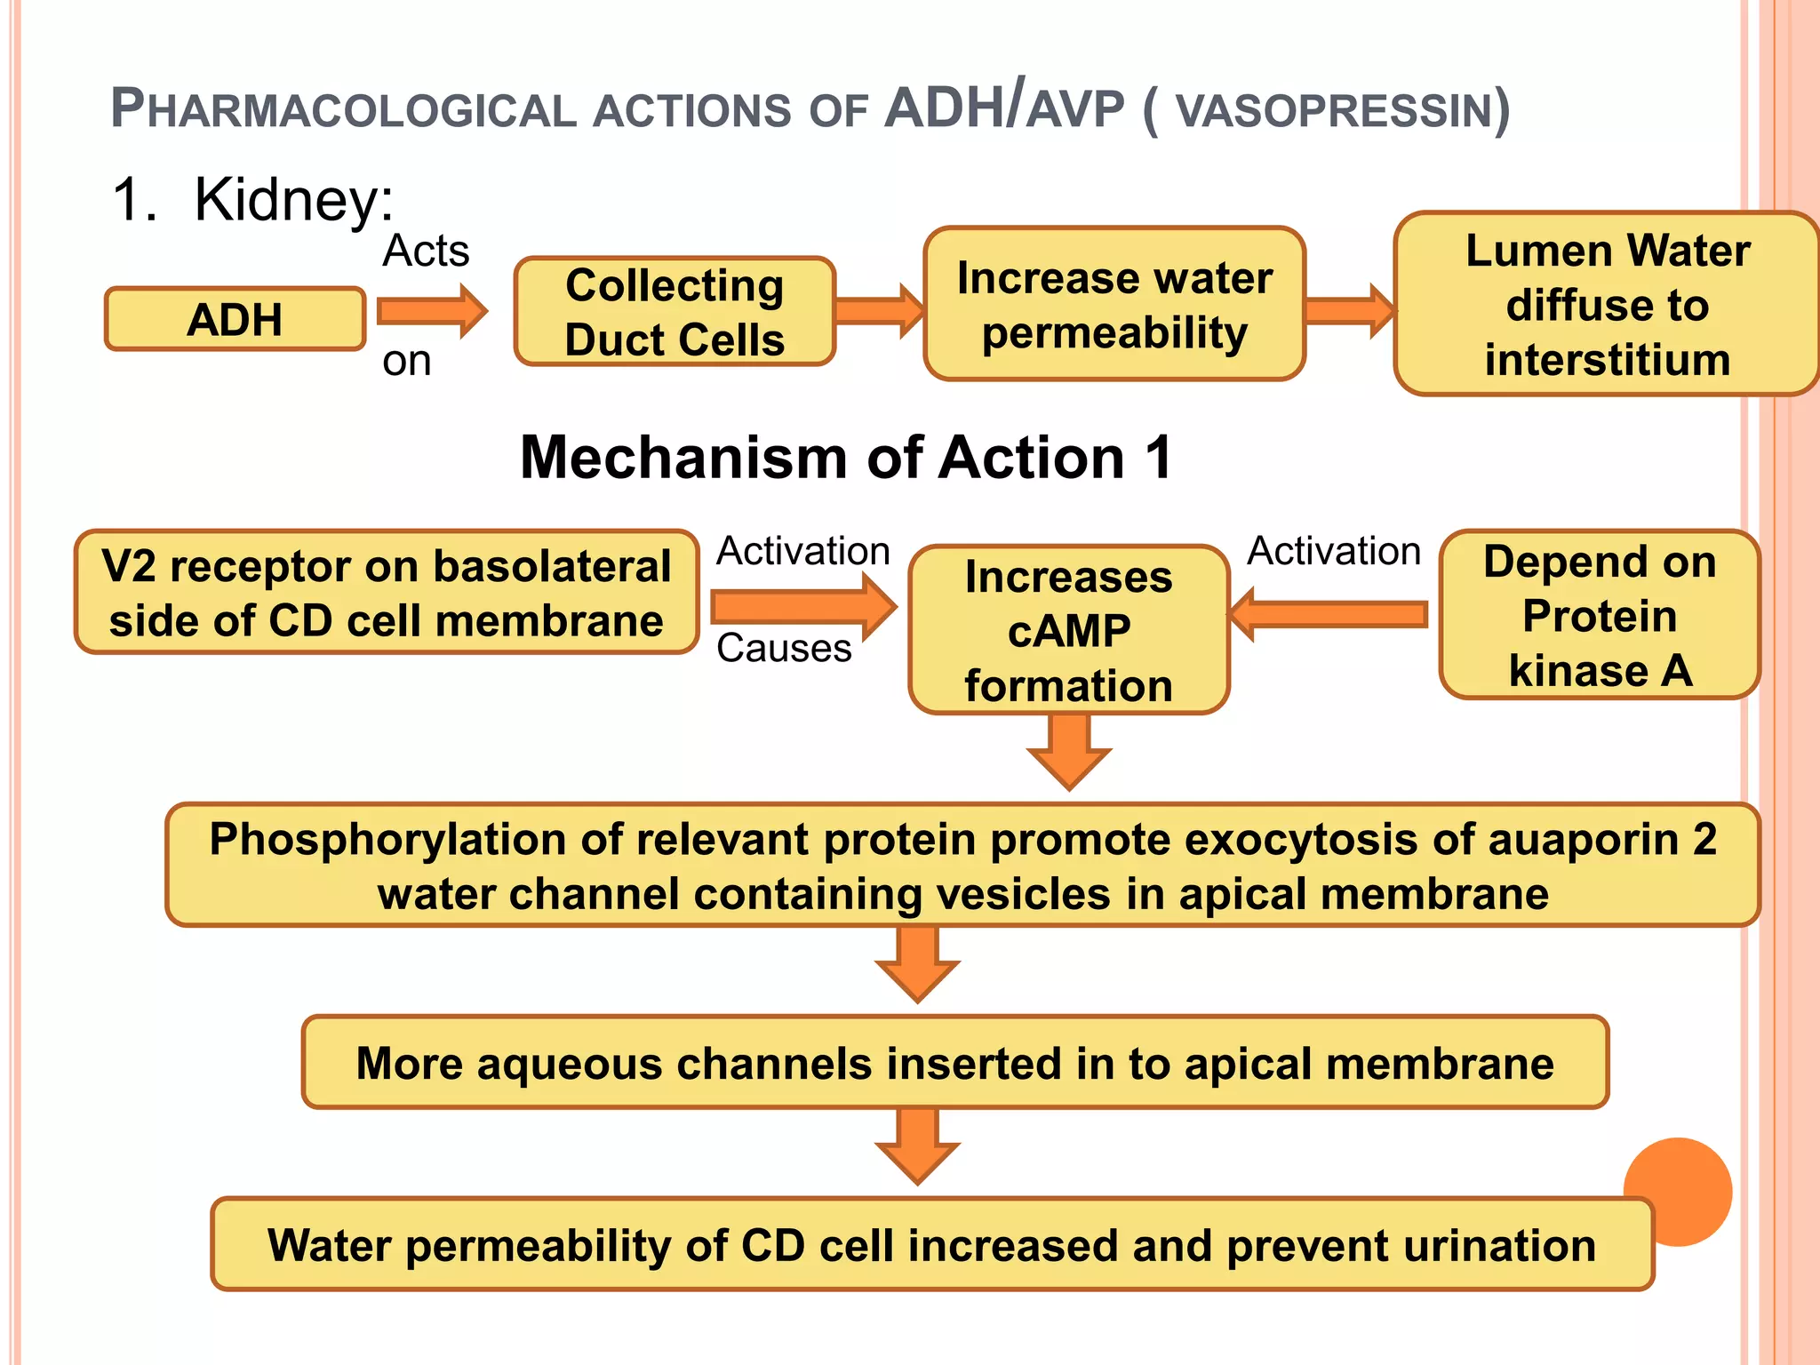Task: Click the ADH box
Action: [x=235, y=319]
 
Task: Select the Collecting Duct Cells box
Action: [x=675, y=312]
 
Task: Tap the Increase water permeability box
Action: [x=1114, y=305]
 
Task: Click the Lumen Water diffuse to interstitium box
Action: [x=1607, y=305]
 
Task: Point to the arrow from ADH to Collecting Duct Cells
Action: [x=432, y=311]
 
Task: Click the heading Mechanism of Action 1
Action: [x=846, y=458]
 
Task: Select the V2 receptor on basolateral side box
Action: [x=386, y=593]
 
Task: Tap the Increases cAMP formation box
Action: [x=1069, y=630]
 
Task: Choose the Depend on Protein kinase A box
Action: [x=1599, y=615]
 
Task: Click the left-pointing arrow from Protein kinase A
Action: [x=1329, y=614]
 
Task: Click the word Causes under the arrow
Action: [x=784, y=649]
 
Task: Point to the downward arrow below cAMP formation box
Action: [x=1069, y=751]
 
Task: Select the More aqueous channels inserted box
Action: [x=954, y=1063]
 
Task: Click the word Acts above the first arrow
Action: [x=426, y=251]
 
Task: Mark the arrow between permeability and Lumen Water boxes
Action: [x=1349, y=311]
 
